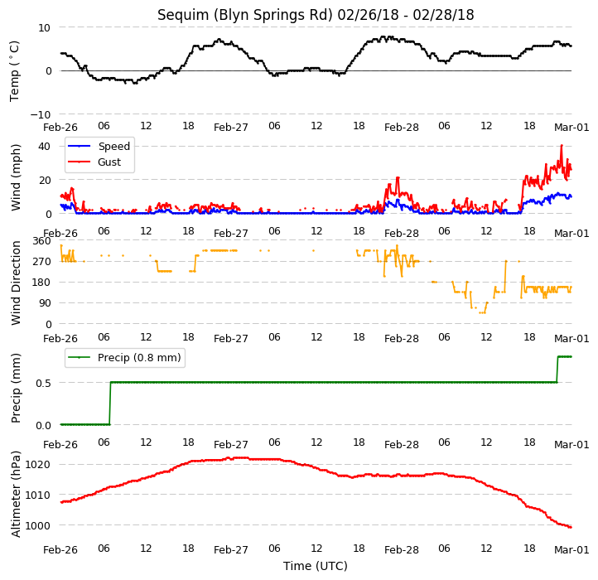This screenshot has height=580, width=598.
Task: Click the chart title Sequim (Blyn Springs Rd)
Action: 245,15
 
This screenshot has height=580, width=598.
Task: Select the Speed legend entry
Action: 114,146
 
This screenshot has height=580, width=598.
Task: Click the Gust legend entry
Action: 109,162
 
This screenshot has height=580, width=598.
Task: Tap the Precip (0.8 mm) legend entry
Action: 139,358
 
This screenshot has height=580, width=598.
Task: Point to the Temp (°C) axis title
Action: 14,71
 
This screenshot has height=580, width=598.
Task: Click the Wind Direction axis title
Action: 16,283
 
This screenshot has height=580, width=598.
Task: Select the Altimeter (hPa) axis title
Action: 16,495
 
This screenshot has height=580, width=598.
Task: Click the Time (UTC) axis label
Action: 316,566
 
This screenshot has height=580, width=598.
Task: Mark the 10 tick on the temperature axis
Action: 44,28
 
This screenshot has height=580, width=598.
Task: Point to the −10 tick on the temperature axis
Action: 41,114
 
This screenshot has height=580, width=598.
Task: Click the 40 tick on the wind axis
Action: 44,146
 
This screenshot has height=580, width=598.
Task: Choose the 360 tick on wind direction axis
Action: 42,241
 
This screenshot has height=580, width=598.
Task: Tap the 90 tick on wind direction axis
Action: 45,303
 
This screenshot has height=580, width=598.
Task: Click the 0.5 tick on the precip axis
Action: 43,383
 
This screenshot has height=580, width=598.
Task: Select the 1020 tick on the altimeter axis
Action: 38,465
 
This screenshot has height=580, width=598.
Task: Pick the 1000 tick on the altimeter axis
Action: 38,526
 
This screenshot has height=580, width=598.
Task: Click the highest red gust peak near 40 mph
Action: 562,145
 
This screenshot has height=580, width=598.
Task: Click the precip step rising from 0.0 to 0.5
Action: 110,404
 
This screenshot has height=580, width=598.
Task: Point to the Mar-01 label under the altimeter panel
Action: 571,550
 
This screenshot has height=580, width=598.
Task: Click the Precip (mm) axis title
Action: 16,389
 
